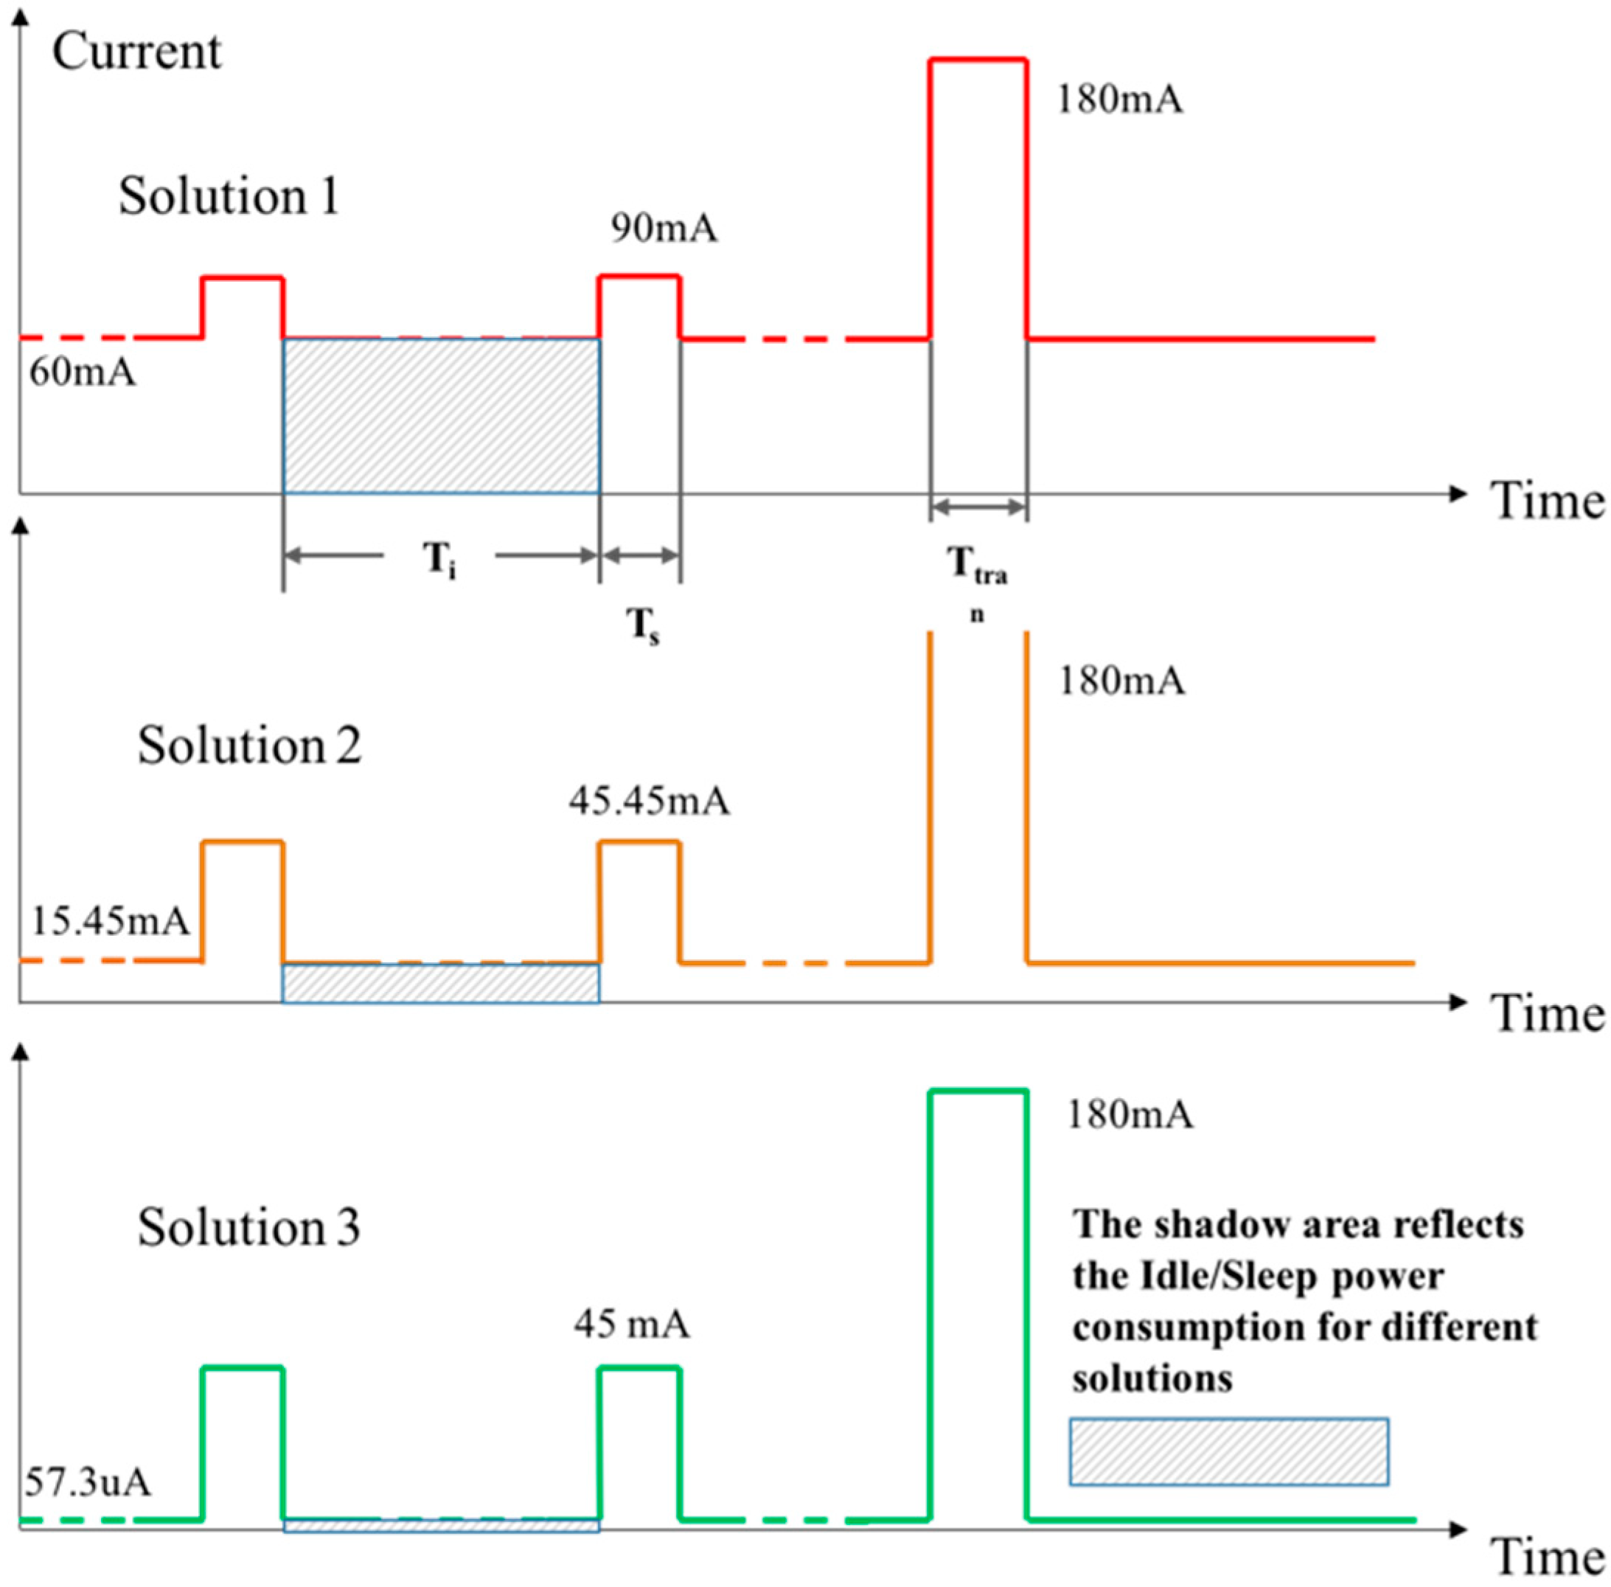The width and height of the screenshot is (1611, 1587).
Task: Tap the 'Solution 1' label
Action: coord(229,197)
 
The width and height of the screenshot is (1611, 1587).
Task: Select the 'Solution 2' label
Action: coord(249,744)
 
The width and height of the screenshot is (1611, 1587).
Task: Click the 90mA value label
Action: coord(664,228)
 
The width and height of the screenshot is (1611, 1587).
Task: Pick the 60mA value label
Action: coord(82,372)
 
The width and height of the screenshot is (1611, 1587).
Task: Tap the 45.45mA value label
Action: coord(650,801)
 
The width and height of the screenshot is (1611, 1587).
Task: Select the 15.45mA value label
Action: coord(110,921)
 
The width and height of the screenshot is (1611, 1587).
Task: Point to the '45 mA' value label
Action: coord(631,1324)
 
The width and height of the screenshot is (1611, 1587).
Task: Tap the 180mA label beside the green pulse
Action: coord(1130,1114)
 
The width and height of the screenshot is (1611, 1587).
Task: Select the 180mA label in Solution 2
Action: coord(1121,681)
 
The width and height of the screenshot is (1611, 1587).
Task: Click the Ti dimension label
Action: coord(439,558)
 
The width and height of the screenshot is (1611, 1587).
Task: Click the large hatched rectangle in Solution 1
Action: coord(441,416)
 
